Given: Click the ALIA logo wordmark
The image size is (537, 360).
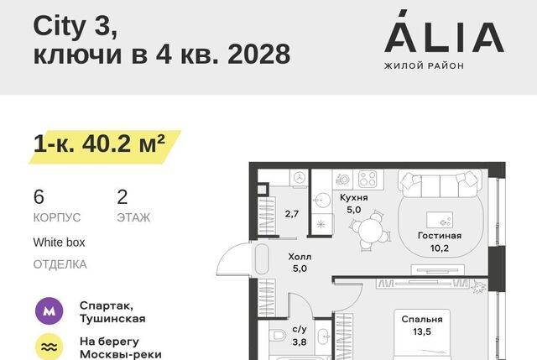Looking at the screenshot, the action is pyautogui.click(x=444, y=32).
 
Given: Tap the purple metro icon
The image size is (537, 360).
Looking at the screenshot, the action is pyautogui.click(x=50, y=311).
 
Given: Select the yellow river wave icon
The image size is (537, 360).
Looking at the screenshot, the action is pyautogui.click(x=50, y=347).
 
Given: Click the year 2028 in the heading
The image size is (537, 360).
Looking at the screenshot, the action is pyautogui.click(x=259, y=54).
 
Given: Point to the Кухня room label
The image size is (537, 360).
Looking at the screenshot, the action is pyautogui.click(x=354, y=198).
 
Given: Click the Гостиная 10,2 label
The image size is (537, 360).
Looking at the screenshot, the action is pyautogui.click(x=440, y=242).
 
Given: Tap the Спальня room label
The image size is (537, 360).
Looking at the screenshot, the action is pyautogui.click(x=422, y=319).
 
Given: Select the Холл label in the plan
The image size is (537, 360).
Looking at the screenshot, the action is pyautogui.click(x=300, y=257).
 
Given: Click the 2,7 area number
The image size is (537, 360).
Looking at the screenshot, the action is pyautogui.click(x=292, y=214).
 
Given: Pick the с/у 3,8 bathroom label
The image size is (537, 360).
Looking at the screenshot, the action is pyautogui.click(x=300, y=336).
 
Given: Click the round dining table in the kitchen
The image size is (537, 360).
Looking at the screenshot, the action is pyautogui.click(x=369, y=230).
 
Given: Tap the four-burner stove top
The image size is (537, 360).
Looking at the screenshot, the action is pyautogui.click(x=368, y=179).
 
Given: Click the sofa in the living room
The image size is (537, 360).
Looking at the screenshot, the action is pyautogui.click(x=440, y=185).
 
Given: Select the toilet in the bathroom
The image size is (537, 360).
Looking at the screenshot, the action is pyautogui.click(x=278, y=336).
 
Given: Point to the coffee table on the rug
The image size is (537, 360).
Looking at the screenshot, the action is pyautogui.click(x=440, y=220).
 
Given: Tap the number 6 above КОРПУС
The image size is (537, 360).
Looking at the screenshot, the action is pyautogui.click(x=39, y=197).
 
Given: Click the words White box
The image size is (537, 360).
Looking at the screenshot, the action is pyautogui.click(x=59, y=243).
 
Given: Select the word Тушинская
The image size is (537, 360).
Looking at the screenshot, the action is pyautogui.click(x=112, y=319).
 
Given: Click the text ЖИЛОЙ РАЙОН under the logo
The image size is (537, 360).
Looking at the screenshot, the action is pyautogui.click(x=424, y=65).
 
